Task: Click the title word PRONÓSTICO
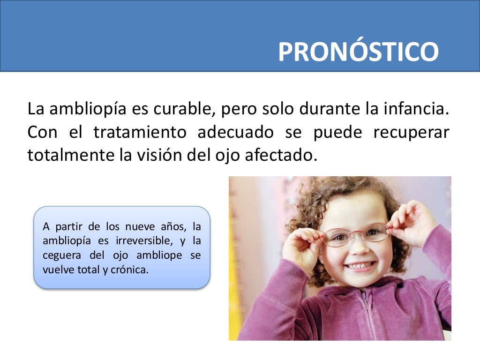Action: coord(358,52)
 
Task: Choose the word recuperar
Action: coord(411,133)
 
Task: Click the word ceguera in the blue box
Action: coord(59,256)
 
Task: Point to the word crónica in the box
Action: coord(133,270)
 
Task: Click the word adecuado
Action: coord(235,132)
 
